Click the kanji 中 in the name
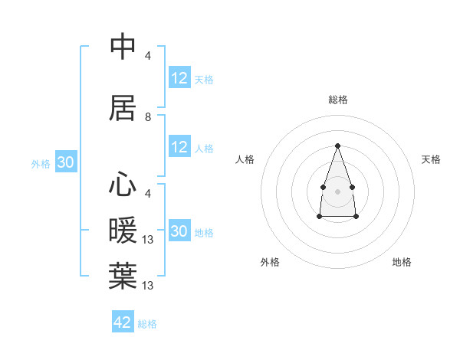coord(123,47)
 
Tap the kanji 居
coord(123,108)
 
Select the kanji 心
coord(123,185)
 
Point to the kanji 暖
coord(123,231)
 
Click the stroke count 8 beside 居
coord(148,117)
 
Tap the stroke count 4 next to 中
coord(148,55)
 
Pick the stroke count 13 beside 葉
coord(149,286)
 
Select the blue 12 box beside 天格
coord(179,78)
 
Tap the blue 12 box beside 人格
coord(179,148)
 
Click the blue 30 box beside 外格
coord(65,162)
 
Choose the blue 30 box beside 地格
coord(179,231)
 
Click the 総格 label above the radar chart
coord(337,100)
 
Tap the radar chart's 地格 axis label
coord(402,262)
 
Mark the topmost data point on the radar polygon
coord(337,146)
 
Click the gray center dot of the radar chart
coord(337,190)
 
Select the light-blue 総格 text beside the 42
coord(147,324)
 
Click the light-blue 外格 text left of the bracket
coord(40,163)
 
